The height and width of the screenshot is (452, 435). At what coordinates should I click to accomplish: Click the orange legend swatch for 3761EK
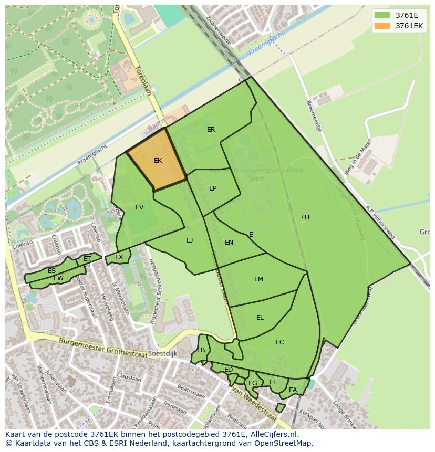tap(383, 26)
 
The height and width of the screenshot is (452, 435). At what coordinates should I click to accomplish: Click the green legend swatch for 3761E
tap(383, 15)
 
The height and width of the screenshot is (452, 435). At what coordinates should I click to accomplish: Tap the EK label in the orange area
tap(158, 161)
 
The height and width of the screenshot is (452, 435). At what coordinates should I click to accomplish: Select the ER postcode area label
tap(211, 129)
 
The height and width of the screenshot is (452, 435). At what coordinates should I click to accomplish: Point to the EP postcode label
tap(213, 188)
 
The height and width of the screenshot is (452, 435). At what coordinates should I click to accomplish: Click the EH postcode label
tap(305, 217)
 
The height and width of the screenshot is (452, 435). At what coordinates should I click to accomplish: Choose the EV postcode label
tap(139, 207)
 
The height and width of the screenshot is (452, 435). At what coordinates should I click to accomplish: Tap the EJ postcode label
tap(190, 240)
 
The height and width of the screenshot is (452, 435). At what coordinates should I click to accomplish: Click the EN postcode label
tap(229, 242)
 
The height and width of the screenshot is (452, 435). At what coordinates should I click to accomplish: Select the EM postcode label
tap(258, 279)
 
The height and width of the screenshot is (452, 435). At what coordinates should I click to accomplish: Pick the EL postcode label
tap(260, 317)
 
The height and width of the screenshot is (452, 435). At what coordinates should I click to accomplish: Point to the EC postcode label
tap(279, 342)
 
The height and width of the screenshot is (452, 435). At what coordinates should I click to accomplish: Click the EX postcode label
tap(119, 257)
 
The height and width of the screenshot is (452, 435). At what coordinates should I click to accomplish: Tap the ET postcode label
tap(87, 258)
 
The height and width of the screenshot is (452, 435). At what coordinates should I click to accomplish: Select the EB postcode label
tap(201, 350)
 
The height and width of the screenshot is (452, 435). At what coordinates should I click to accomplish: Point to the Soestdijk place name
tap(162, 354)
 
